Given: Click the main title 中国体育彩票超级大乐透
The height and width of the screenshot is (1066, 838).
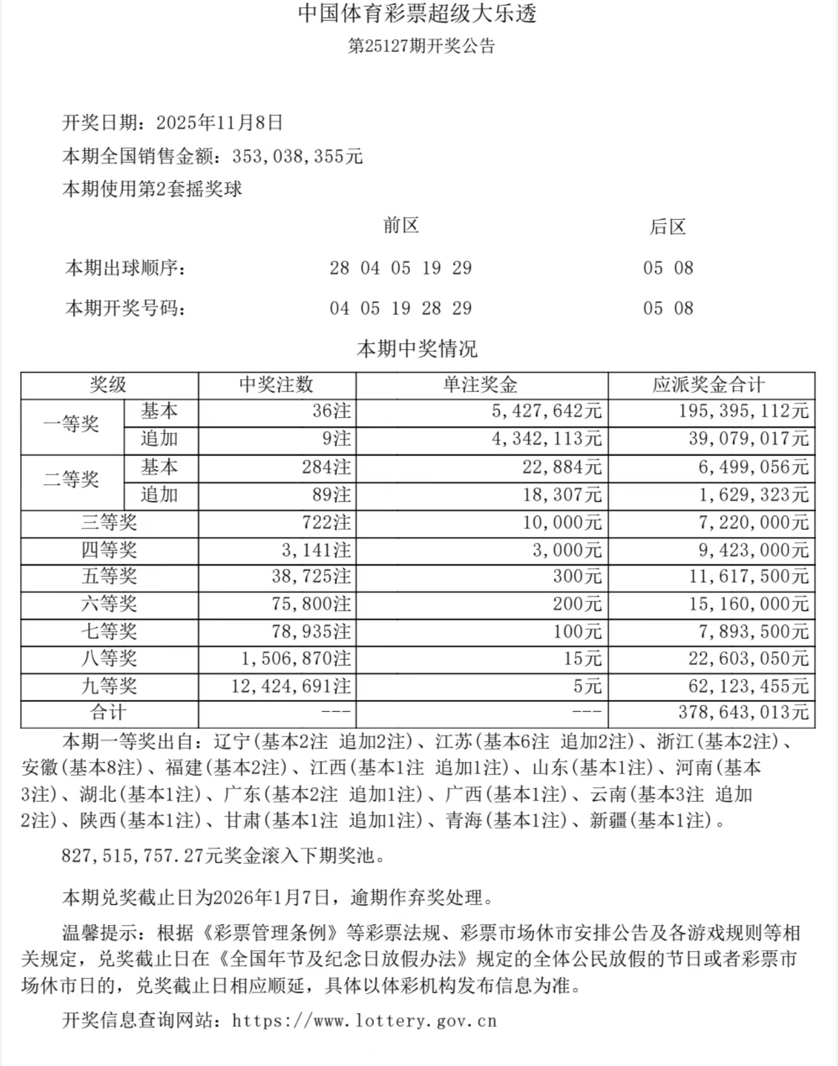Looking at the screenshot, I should pyautogui.click(x=418, y=14).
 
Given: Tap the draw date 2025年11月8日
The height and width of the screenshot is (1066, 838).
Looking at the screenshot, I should pyautogui.click(x=220, y=123).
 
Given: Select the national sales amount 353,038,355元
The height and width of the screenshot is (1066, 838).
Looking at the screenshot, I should pyautogui.click(x=298, y=157).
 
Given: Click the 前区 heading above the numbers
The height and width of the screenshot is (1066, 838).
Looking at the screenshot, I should pyautogui.click(x=401, y=226).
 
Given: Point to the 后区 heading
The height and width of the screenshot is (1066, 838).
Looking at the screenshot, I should pyautogui.click(x=668, y=227).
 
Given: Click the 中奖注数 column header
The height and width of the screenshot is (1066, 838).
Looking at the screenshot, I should pyautogui.click(x=277, y=385).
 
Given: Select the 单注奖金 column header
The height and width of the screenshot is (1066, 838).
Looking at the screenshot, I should pyautogui.click(x=481, y=385).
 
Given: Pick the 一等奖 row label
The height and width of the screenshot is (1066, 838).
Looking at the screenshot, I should pyautogui.click(x=71, y=425).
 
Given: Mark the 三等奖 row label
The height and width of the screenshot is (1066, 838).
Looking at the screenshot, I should pyautogui.click(x=109, y=523).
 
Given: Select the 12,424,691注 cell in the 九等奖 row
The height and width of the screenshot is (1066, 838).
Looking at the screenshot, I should pyautogui.click(x=291, y=686).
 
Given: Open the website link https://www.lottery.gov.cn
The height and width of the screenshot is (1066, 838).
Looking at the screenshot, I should pyautogui.click(x=364, y=1021).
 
